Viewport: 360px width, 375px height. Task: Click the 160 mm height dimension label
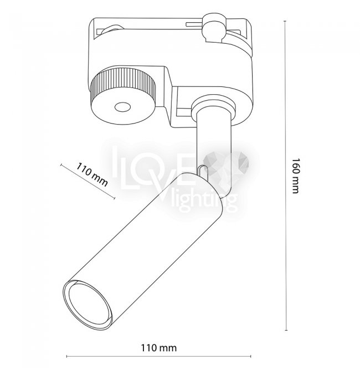(x=296, y=175)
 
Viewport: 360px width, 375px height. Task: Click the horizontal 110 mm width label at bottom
(x=158, y=348)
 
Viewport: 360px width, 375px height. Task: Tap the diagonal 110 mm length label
(x=92, y=174)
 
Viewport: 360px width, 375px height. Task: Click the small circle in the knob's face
(x=122, y=107)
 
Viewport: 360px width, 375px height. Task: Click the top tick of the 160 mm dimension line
(x=285, y=21)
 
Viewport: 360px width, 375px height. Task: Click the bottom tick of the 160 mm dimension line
(x=286, y=330)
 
